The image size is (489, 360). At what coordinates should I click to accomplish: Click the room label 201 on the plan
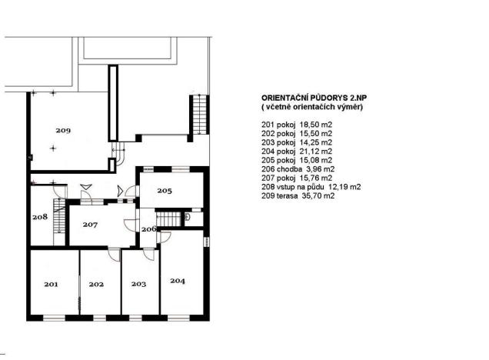51,285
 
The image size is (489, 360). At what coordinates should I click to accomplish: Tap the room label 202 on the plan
96,285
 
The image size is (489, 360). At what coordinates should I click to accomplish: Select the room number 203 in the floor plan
138,285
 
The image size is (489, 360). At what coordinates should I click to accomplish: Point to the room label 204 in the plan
178,280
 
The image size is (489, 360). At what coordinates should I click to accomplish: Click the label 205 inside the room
165,190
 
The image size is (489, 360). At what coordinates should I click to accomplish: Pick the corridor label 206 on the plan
148,229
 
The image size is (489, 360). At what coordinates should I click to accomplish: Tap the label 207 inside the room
91,225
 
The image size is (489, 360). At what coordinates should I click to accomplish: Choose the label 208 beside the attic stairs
41,217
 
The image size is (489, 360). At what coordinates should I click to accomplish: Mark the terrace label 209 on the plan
62,131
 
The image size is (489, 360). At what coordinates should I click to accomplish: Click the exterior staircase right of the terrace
199,115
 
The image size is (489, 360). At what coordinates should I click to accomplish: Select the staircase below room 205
175,220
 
